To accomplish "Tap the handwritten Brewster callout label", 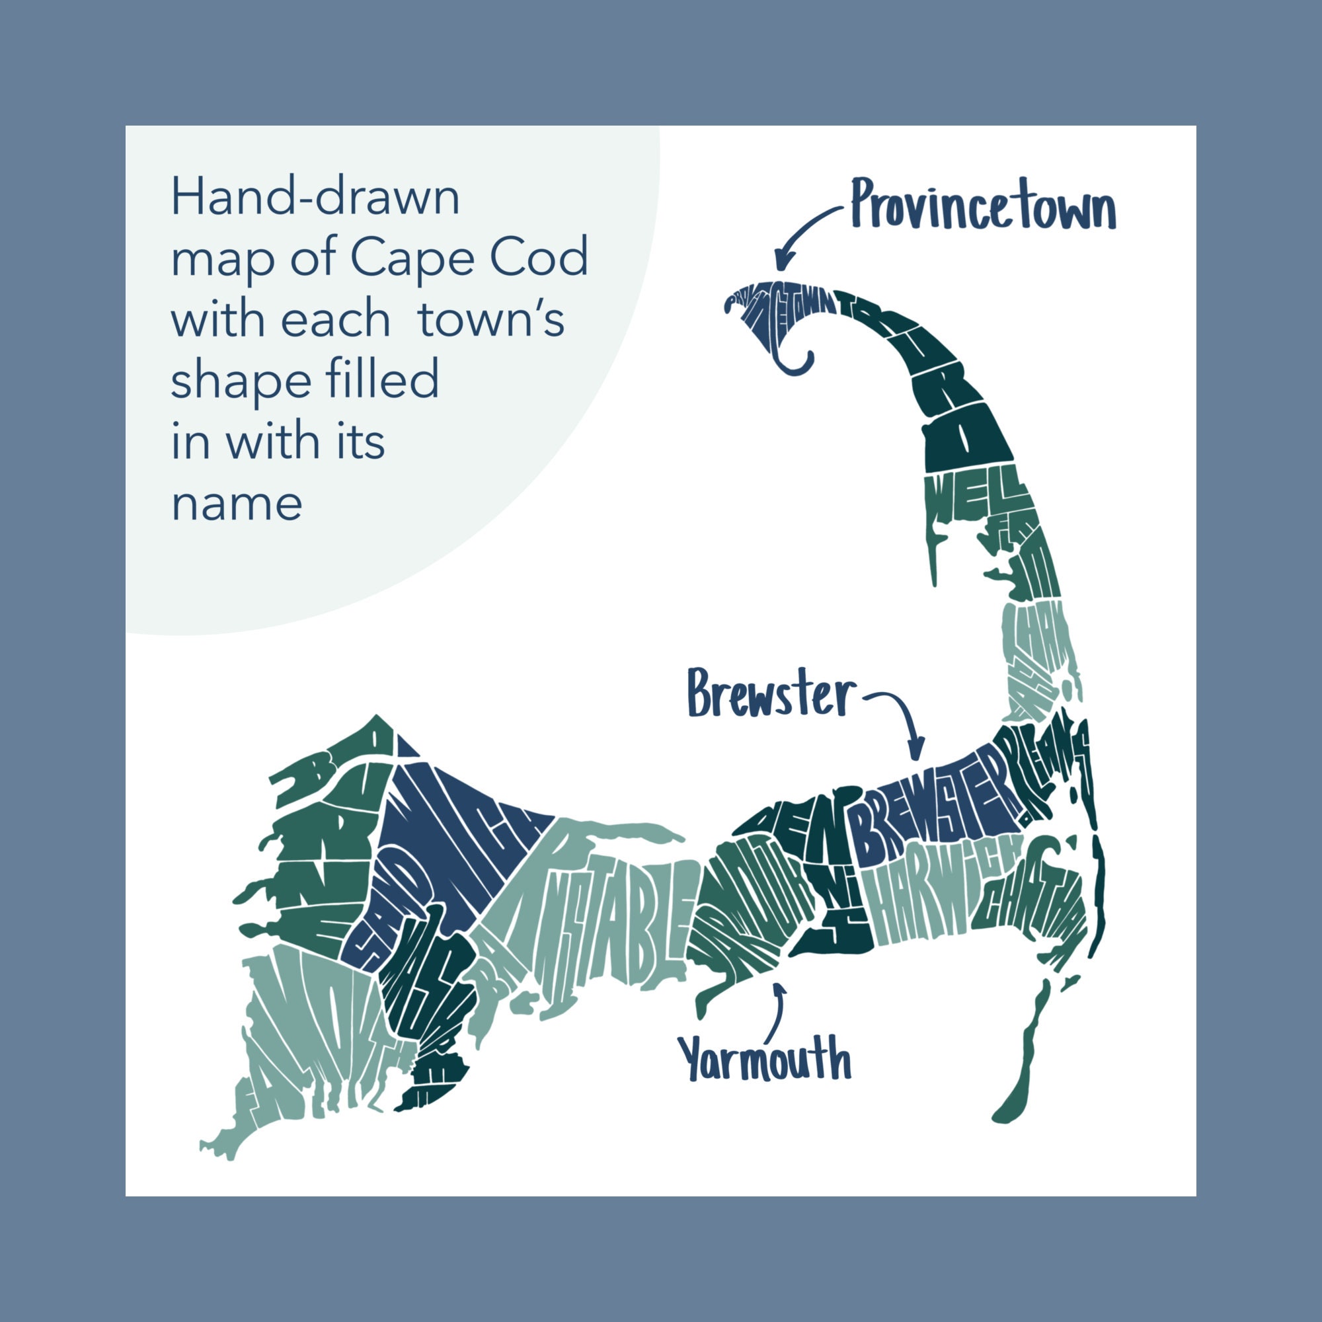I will [x=771, y=694].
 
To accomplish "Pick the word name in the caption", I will [x=236, y=504].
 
